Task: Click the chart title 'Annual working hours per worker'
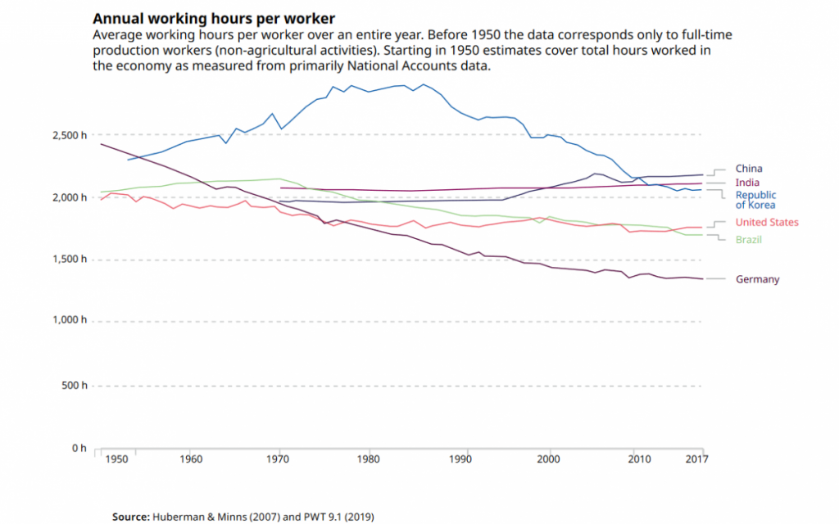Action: tap(213, 18)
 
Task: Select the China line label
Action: tap(748, 169)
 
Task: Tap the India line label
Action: tap(746, 183)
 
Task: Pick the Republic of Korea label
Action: tap(755, 200)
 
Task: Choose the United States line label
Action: tap(766, 223)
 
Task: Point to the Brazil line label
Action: tap(749, 240)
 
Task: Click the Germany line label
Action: tap(757, 279)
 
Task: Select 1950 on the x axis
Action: tap(117, 460)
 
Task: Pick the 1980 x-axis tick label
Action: tap(370, 460)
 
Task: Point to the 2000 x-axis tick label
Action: tap(549, 460)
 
